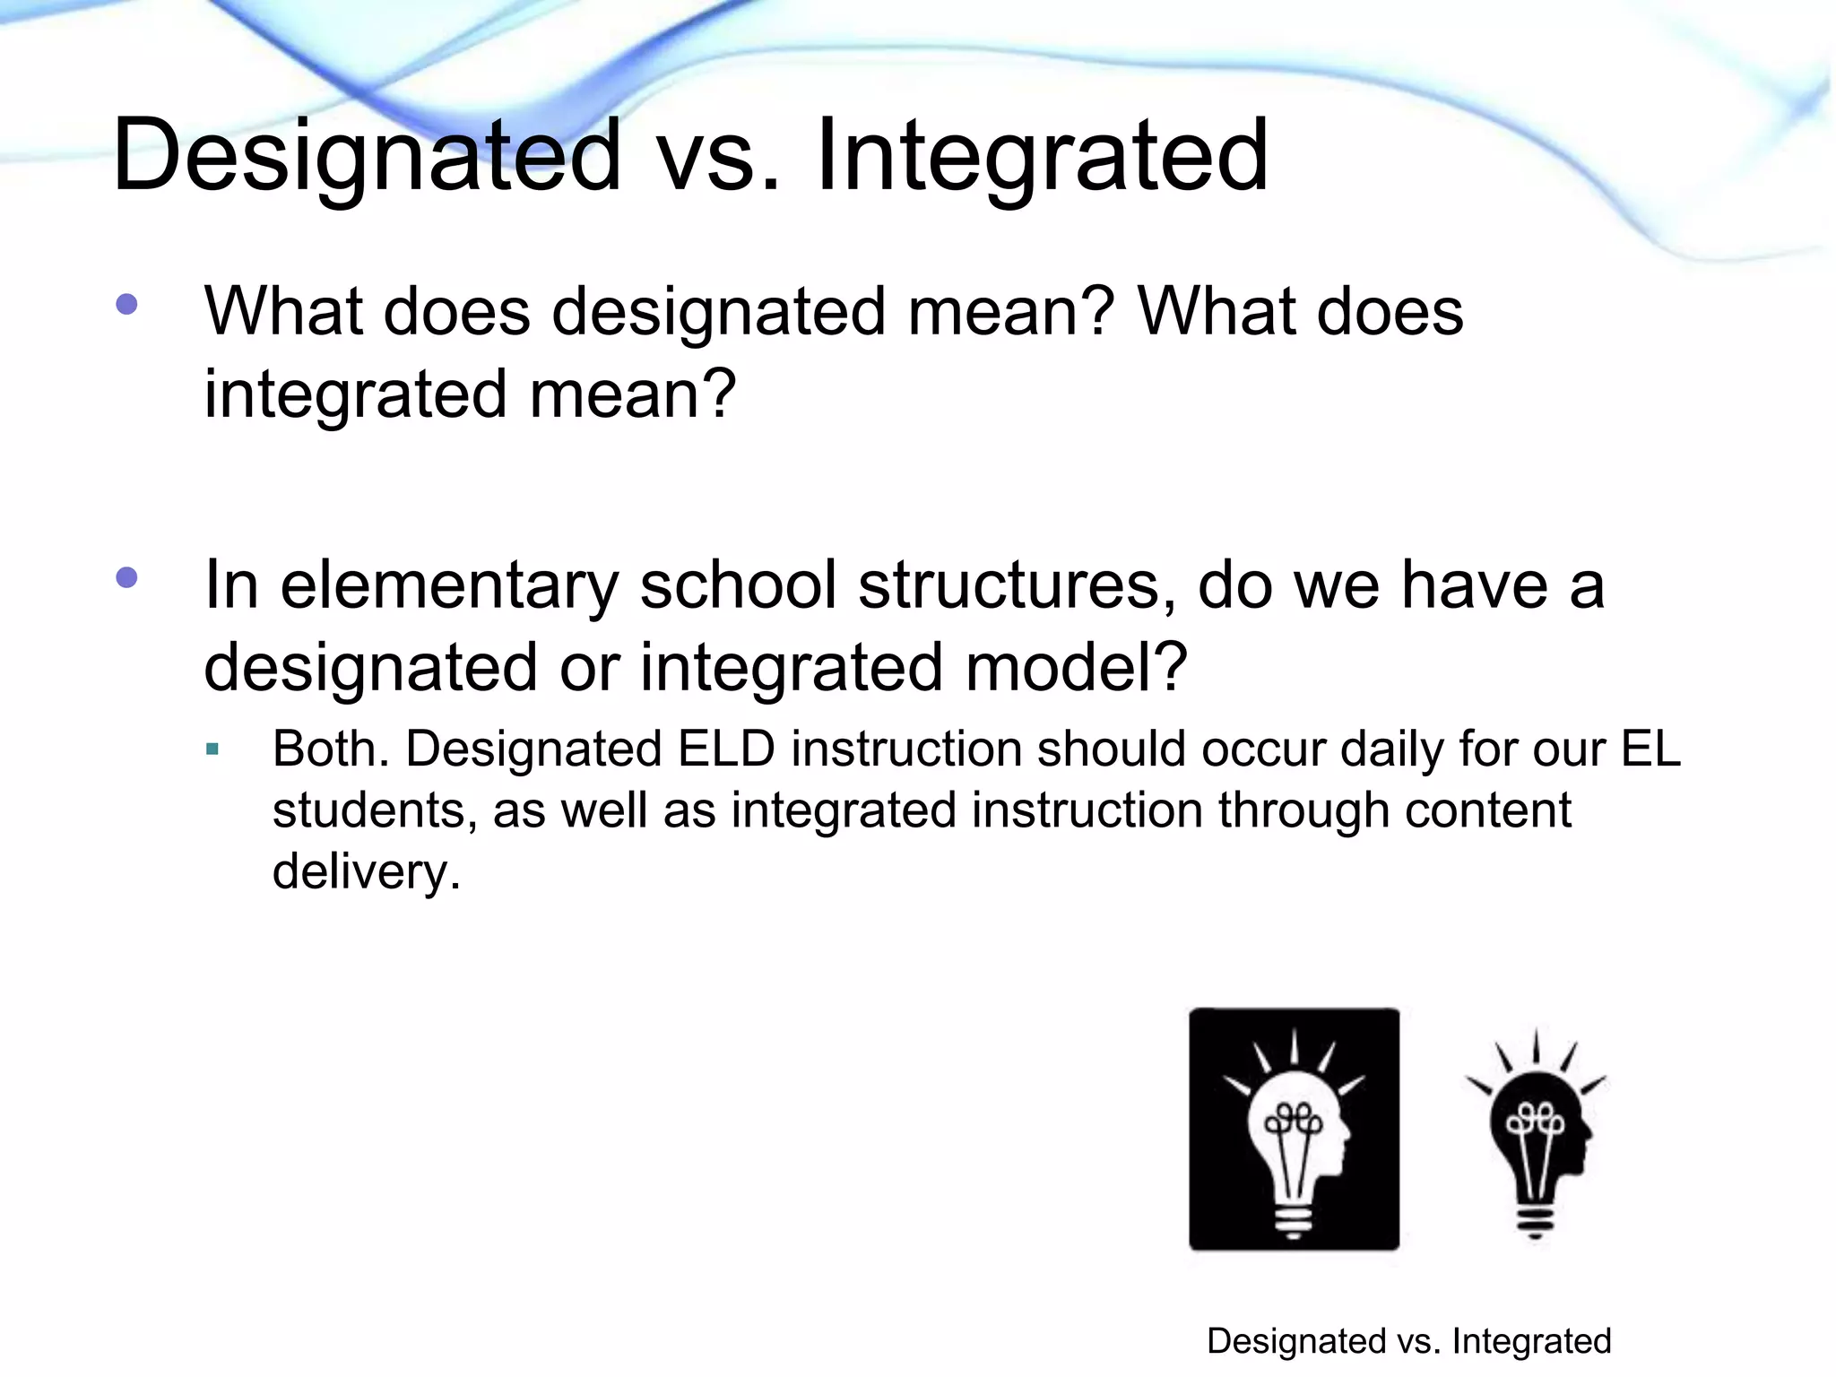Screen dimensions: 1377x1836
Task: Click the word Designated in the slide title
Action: point(366,157)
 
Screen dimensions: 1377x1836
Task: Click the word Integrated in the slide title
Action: point(1042,157)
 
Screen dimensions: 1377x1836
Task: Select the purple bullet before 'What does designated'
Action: point(127,305)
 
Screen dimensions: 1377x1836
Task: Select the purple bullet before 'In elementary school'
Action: point(127,577)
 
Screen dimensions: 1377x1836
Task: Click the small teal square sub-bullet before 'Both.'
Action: point(212,749)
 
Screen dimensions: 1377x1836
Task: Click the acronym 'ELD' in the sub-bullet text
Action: point(726,749)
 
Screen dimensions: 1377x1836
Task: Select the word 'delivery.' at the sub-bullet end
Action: point(366,871)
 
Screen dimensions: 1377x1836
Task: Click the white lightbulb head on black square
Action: point(1294,1130)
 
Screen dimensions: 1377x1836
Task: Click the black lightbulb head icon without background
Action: point(1537,1134)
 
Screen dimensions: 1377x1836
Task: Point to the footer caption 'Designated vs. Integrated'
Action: point(1408,1341)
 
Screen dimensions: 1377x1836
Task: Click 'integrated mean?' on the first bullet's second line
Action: point(470,394)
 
